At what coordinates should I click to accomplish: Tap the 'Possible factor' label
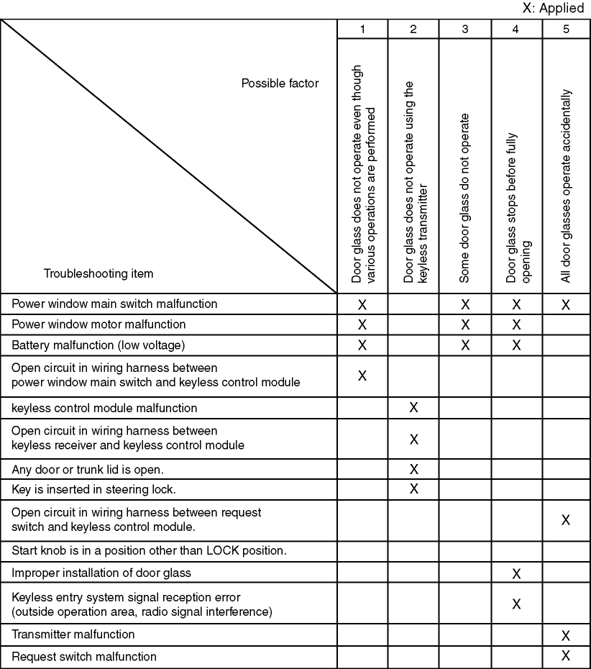280,83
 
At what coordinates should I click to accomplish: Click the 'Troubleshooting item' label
98,273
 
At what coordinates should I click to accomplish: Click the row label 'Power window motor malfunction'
98,324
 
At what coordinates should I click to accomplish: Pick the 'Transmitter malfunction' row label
73,634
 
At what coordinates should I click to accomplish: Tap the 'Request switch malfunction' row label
84,656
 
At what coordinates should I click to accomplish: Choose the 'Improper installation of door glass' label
101,573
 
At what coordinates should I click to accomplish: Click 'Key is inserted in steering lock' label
94,489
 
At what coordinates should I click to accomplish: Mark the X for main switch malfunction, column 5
566,304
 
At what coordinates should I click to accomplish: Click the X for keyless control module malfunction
413,408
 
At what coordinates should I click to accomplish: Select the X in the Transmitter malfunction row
566,635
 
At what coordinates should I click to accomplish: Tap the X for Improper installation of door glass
516,573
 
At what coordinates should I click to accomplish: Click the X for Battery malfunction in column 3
465,345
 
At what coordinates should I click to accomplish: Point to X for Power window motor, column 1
362,324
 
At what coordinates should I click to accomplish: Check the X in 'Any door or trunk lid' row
413,469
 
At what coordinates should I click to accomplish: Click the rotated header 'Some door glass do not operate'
464,197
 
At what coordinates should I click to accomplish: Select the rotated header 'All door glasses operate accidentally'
567,186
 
